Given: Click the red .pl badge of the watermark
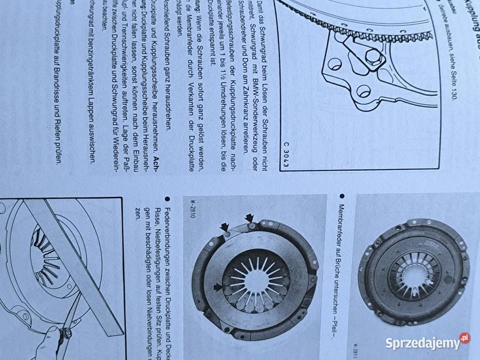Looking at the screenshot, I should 464,338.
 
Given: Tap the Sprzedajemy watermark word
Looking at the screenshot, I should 422,343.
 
